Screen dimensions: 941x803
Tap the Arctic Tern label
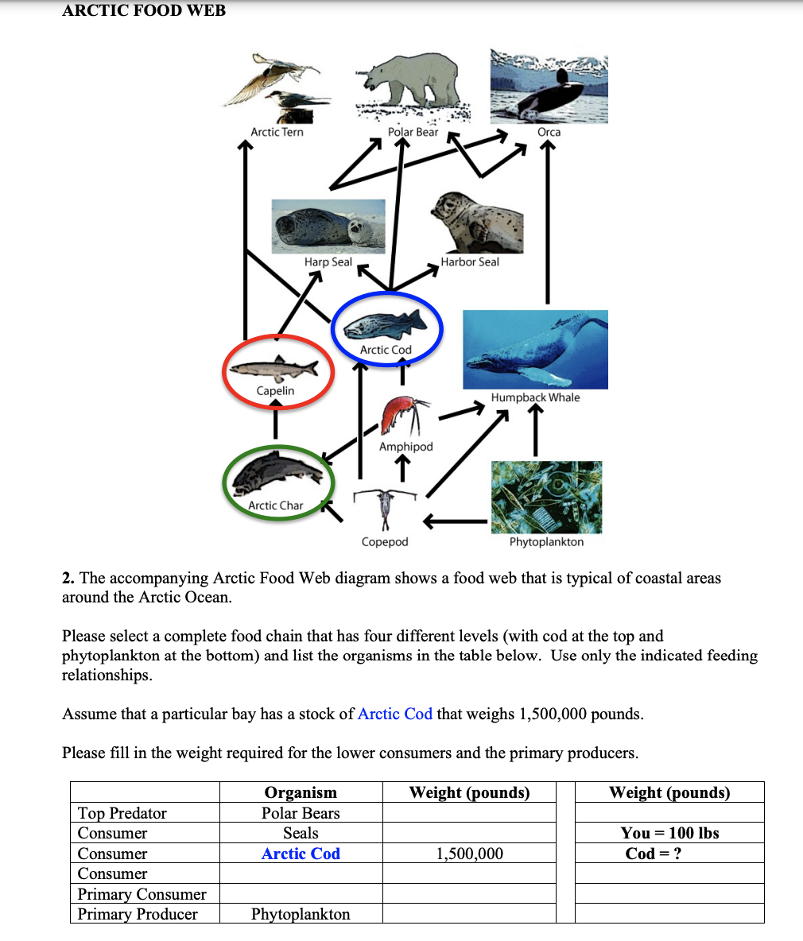277,132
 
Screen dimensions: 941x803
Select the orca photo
549,87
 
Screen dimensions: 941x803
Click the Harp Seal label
328,261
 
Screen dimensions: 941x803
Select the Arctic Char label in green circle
275,505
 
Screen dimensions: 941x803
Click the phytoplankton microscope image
546,497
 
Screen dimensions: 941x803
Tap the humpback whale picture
535,349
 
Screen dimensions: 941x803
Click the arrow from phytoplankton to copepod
454,521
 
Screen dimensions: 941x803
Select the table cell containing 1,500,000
469,854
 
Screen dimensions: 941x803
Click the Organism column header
301,792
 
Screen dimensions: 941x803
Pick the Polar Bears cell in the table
301,813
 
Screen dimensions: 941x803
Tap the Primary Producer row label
138,914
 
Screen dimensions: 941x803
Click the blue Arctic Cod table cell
301,854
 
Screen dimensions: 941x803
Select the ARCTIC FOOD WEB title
144,11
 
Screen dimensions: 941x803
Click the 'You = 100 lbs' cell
669,833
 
